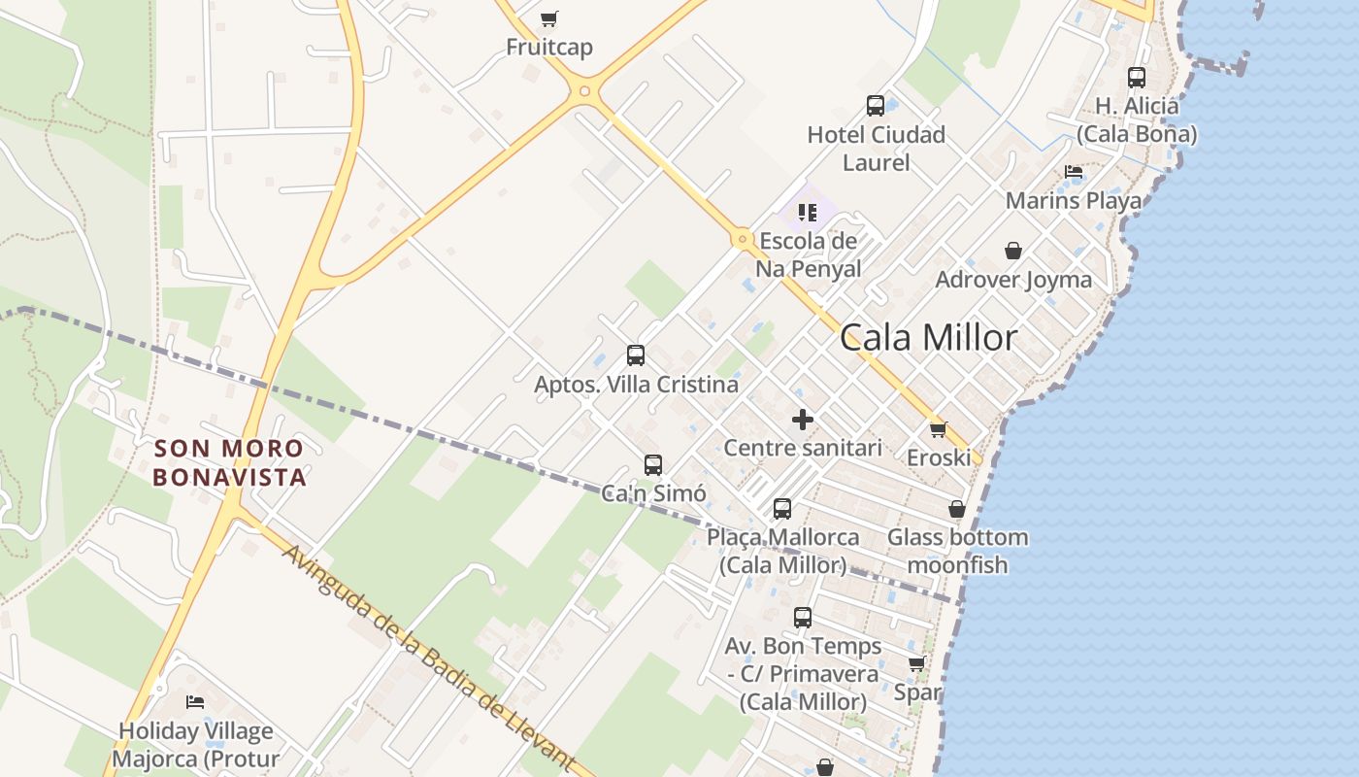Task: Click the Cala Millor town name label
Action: [x=928, y=337]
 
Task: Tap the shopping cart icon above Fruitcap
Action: [x=549, y=18]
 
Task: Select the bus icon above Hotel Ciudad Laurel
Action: [x=875, y=105]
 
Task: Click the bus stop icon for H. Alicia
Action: [x=1136, y=78]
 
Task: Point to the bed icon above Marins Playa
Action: [x=1073, y=172]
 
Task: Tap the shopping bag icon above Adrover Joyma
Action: [x=1012, y=251]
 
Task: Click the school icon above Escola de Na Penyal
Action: [x=807, y=212]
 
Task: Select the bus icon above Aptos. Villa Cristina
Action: [x=636, y=355]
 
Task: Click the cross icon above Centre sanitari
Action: [x=802, y=420]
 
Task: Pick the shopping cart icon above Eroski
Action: [x=938, y=428]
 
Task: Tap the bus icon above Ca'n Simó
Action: [x=653, y=464]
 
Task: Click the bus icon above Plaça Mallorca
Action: [x=782, y=508]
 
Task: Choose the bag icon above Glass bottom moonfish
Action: [x=956, y=509]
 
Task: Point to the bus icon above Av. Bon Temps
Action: [x=803, y=617]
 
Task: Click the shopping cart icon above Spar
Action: [x=916, y=664]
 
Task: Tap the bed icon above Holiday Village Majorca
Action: [x=195, y=701]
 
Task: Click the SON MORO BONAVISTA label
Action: [x=229, y=462]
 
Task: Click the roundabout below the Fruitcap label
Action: [x=583, y=92]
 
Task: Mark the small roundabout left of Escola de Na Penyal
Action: [x=743, y=238]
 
